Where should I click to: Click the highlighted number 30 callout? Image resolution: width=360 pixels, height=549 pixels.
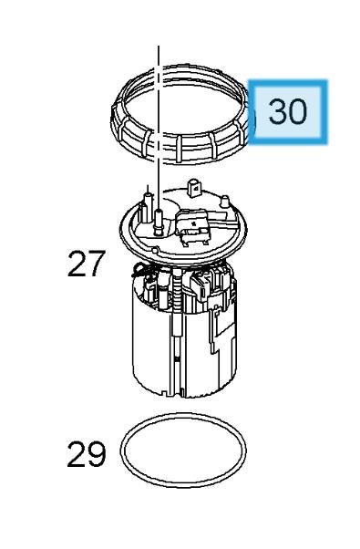tap(288, 111)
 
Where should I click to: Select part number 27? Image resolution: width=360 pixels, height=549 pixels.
tap(86, 264)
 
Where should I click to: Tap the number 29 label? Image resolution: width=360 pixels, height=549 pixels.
tap(86, 454)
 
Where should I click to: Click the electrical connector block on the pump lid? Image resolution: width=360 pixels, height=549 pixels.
tap(192, 226)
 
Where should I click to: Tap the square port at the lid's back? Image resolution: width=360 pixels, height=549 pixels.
tap(195, 188)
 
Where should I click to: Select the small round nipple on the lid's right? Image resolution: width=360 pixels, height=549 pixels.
tap(224, 202)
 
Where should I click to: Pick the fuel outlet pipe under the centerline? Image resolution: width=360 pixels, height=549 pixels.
tap(159, 222)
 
